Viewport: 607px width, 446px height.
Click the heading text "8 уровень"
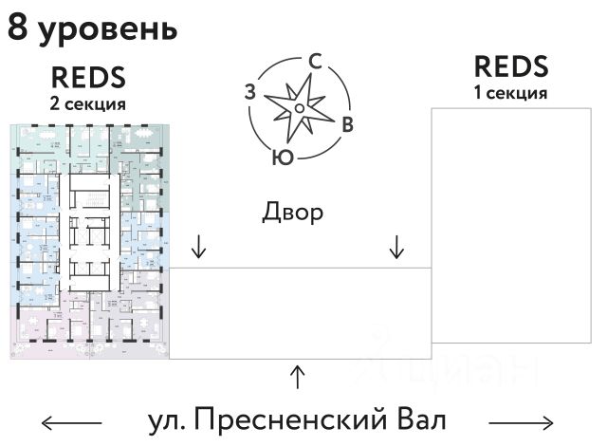(x=92, y=28)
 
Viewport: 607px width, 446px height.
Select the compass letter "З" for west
(x=250, y=92)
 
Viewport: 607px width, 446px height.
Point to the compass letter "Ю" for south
(x=282, y=157)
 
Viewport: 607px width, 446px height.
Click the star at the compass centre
(x=299, y=108)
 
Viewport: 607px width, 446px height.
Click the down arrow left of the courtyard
(x=198, y=247)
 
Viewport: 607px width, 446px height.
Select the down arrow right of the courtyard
(x=396, y=247)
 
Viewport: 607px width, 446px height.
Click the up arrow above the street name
(x=298, y=377)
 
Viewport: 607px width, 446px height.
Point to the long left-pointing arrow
(x=72, y=421)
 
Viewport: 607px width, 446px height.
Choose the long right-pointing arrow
(x=521, y=421)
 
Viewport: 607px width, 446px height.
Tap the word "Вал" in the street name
(x=419, y=419)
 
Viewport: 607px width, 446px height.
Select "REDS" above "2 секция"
(x=88, y=77)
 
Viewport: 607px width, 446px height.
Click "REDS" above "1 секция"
(x=511, y=67)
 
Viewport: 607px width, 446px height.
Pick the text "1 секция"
(x=511, y=93)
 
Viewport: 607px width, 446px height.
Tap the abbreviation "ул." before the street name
(x=169, y=419)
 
